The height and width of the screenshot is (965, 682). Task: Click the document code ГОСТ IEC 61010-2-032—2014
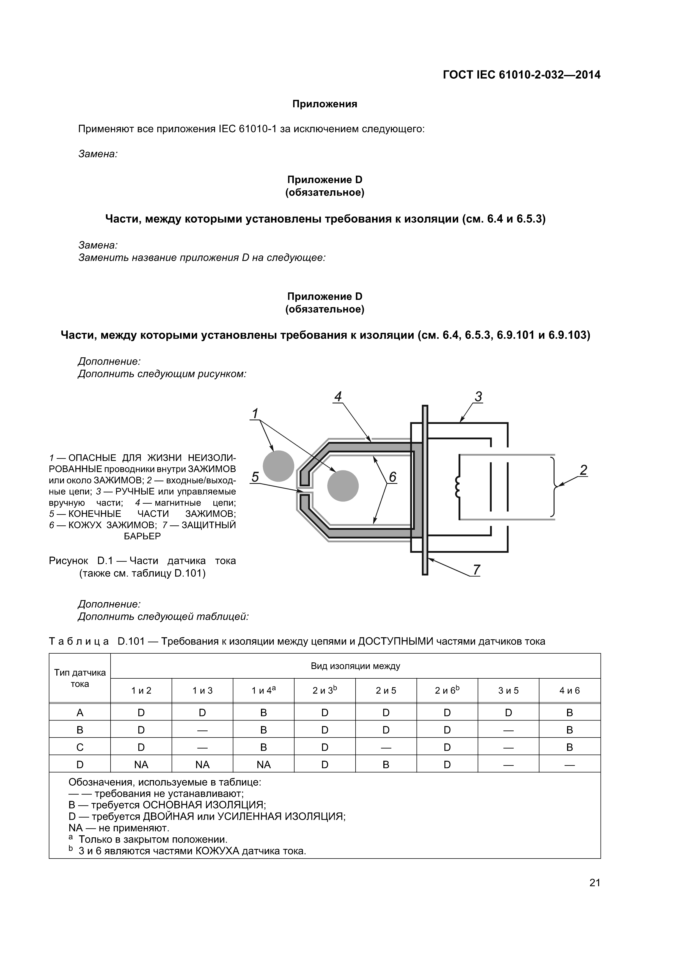pos(521,75)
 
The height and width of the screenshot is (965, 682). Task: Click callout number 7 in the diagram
pos(476,570)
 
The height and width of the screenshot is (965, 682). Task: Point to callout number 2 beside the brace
pos(583,470)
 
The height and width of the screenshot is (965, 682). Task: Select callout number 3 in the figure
pos(478,396)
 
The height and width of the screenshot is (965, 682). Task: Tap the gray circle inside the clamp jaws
pos(343,486)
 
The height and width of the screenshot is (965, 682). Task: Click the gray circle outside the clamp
pos(278,466)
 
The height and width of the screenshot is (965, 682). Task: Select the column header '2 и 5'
pos(386,690)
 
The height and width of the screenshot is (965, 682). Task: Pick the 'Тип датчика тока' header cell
pos(80,678)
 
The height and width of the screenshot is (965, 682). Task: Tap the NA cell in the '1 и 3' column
pos(203,765)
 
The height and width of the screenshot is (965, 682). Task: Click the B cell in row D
pos(386,765)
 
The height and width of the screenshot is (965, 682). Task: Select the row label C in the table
pos(80,747)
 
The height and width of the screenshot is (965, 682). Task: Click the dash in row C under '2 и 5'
pos(386,748)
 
